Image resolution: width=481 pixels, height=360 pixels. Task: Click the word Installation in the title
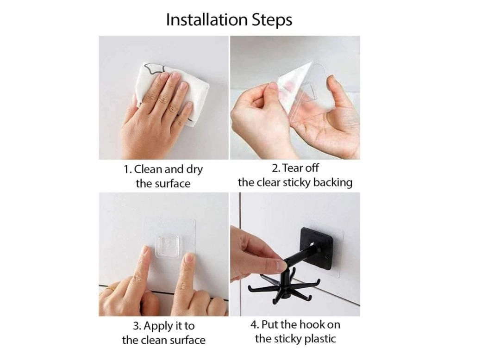(x=206, y=20)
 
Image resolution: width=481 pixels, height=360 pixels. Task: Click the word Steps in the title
(x=272, y=20)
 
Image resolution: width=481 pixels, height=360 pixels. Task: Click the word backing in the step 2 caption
(x=333, y=183)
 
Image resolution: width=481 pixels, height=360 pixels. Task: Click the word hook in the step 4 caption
(x=312, y=324)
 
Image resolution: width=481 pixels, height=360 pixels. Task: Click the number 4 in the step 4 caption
(x=254, y=325)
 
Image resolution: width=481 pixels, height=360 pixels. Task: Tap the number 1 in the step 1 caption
(x=126, y=169)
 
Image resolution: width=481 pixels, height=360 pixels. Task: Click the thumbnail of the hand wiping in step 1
(x=163, y=98)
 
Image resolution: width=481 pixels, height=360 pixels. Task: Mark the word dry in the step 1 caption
(x=194, y=169)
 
